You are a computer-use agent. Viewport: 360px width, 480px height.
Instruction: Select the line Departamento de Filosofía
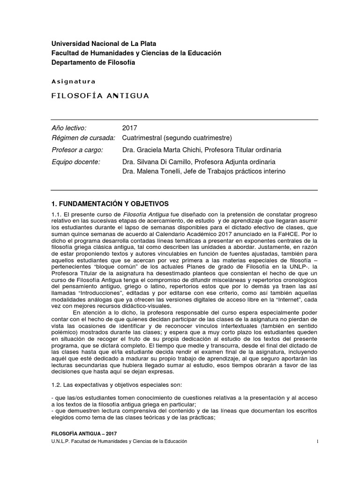[x=92, y=63]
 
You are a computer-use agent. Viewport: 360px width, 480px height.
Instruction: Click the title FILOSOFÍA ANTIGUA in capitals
[x=100, y=96]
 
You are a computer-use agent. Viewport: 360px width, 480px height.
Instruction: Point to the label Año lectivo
[x=69, y=127]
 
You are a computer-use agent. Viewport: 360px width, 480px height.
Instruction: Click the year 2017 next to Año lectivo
[x=129, y=127]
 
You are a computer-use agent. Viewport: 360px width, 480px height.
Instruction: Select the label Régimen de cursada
[x=83, y=138]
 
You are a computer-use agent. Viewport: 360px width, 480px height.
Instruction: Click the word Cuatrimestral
[x=144, y=138]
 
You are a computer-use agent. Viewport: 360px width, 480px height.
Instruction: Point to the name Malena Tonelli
[x=157, y=172]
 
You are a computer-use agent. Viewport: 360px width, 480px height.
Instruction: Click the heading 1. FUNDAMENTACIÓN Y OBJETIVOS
[x=109, y=204]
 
